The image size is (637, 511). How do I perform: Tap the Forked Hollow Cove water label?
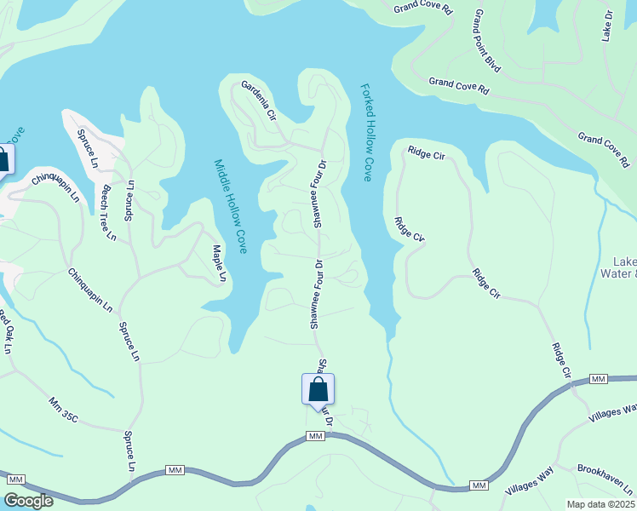[x=368, y=132]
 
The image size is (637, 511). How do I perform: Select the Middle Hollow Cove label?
[x=230, y=206]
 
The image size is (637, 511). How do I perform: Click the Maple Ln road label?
[x=219, y=263]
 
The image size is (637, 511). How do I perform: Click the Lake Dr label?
[x=607, y=26]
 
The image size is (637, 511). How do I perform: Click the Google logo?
[x=29, y=501]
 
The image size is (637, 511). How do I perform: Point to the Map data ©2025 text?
[x=600, y=503]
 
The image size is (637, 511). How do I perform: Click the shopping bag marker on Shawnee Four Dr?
[x=318, y=390]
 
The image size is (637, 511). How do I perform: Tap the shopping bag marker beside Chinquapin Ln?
[x=3, y=160]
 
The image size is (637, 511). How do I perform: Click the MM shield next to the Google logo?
[x=16, y=480]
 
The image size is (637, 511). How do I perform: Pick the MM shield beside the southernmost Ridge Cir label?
[x=598, y=378]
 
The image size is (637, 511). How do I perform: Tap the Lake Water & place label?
[x=624, y=267]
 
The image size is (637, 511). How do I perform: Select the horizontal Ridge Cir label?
[x=427, y=153]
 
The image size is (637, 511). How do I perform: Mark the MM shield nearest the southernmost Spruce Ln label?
[x=176, y=470]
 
